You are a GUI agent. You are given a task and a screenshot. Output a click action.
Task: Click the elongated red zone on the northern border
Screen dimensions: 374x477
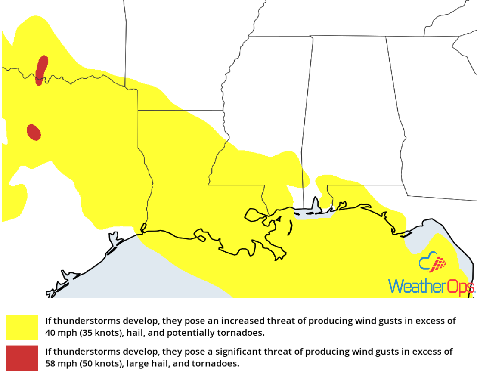(x=41, y=69)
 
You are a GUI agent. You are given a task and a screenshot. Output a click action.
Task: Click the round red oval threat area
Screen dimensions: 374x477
(x=34, y=132)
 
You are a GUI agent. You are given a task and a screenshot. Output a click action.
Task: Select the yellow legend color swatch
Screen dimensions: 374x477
(x=22, y=327)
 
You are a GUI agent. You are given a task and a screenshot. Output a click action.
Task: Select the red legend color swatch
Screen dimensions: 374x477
(x=22, y=358)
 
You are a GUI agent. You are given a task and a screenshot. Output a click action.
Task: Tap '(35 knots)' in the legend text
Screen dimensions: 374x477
(x=98, y=333)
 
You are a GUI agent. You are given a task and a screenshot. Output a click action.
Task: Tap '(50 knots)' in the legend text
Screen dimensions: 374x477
(x=98, y=363)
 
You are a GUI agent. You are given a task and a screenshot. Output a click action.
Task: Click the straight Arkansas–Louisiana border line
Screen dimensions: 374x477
(x=181, y=110)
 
